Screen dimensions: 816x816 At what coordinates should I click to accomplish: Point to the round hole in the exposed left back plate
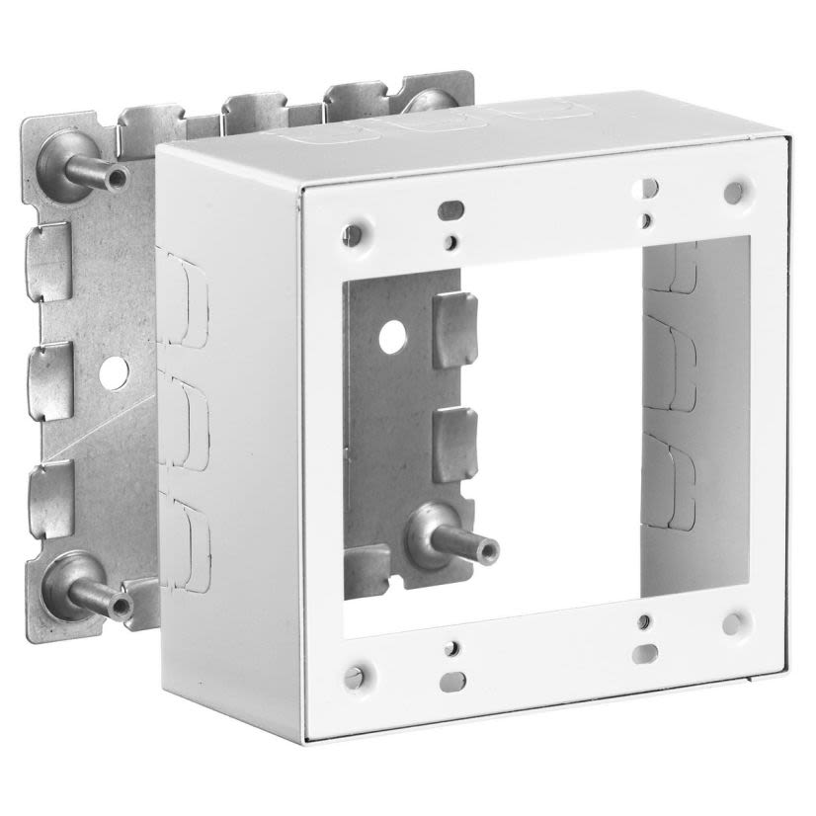[115, 372]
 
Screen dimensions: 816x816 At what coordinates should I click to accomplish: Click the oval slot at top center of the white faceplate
[450, 209]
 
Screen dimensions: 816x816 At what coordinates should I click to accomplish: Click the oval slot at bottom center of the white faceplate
[452, 680]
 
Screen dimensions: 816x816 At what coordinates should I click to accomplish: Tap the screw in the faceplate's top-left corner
[352, 234]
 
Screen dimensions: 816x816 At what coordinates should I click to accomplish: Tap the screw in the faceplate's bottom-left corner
[355, 676]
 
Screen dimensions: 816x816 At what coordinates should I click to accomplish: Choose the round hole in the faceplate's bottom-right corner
[732, 623]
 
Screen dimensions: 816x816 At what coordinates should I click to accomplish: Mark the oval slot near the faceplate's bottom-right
[645, 653]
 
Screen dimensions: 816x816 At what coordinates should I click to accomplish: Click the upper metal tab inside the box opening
[454, 330]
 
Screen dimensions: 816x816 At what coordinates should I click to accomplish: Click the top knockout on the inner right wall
[672, 267]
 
